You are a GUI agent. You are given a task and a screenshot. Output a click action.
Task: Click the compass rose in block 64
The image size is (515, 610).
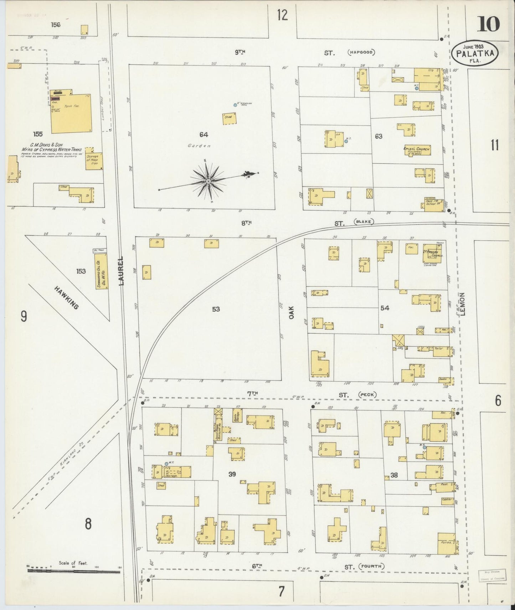(x=208, y=181)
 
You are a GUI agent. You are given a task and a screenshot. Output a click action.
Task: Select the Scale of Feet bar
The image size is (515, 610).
(x=74, y=572)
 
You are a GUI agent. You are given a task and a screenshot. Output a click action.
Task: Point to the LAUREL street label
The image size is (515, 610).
(x=122, y=271)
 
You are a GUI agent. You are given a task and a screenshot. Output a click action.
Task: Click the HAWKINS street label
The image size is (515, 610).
(x=66, y=298)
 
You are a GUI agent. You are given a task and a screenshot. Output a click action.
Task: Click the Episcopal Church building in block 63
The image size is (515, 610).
(x=417, y=150)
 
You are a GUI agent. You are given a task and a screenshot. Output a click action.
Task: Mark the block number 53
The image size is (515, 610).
(x=216, y=309)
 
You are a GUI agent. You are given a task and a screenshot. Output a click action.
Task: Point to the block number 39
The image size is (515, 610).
(x=232, y=474)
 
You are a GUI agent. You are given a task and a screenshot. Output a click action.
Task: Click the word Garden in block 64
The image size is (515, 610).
(x=204, y=146)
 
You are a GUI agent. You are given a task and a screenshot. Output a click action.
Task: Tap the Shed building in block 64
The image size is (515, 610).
(x=228, y=119)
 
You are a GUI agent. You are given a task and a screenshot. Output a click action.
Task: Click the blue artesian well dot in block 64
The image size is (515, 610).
(x=235, y=105)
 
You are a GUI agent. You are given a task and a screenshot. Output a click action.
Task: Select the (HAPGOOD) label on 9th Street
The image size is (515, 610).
(x=361, y=53)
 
